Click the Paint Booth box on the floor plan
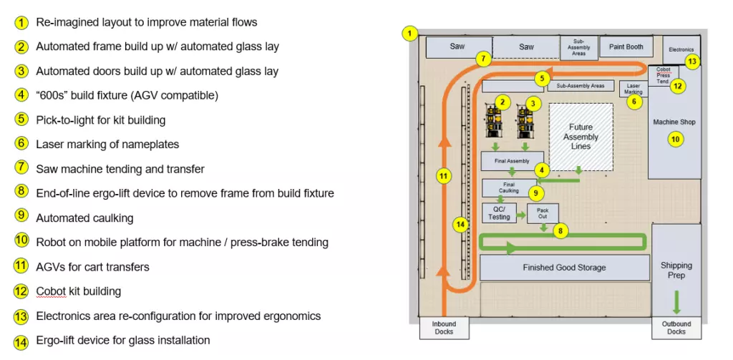click(626, 47)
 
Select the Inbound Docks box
click(444, 328)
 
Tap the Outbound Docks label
click(676, 328)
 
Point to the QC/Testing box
click(500, 213)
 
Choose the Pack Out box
click(542, 213)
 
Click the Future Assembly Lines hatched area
click(581, 137)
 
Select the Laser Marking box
click(633, 88)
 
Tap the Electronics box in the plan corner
click(680, 49)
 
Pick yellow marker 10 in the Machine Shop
click(675, 139)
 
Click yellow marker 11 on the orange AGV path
click(444, 177)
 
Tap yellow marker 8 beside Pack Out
click(562, 231)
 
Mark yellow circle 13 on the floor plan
click(691, 62)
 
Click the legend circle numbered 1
click(22, 23)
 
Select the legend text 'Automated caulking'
click(84, 218)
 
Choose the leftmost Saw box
click(457, 47)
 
